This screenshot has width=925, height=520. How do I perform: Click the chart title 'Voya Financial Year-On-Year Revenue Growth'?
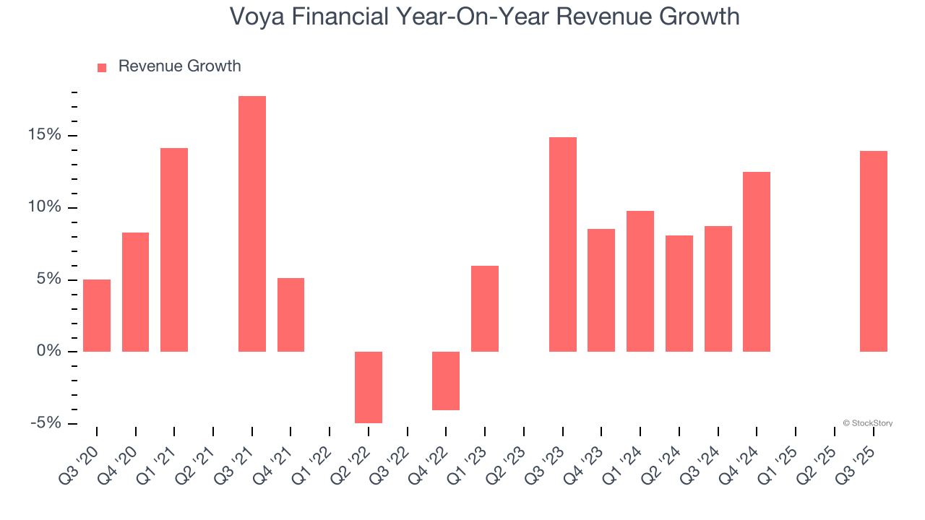pos(484,17)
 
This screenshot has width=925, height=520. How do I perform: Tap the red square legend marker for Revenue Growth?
pos(102,67)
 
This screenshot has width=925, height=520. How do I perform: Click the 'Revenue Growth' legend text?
pos(179,66)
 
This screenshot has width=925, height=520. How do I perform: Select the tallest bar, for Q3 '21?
pos(252,224)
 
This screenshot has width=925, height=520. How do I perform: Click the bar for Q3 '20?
pos(97,316)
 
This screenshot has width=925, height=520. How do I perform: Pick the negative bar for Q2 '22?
pos(369,387)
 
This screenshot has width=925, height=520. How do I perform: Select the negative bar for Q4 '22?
pos(446,381)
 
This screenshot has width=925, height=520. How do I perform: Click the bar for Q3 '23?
pos(563,244)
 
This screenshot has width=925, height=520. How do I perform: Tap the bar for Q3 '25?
pos(874,251)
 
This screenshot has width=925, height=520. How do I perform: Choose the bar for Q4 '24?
pos(757,261)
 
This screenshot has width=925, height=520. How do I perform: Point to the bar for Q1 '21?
pos(174,250)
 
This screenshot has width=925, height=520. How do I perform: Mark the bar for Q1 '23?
pos(485,308)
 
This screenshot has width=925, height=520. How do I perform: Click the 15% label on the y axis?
pos(45,136)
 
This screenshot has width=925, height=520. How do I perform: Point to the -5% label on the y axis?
pos(45,423)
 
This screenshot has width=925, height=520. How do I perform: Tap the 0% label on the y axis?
pos(50,352)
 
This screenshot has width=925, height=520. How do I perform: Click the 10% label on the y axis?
pos(45,208)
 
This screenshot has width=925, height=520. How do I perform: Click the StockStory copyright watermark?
pos(867,423)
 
